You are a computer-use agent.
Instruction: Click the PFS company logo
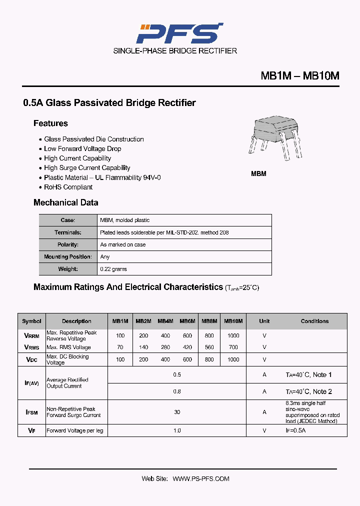[179, 33]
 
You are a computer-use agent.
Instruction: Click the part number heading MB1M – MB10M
[300, 76]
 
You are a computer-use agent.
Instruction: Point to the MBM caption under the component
[258, 173]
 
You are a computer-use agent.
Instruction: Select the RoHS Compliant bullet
[68, 187]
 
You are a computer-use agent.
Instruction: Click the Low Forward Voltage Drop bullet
[82, 148]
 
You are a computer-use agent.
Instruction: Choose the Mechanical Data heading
[65, 202]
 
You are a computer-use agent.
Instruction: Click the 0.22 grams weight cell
[113, 269]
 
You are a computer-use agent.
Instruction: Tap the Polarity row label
[68, 244]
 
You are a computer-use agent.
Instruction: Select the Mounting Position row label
[68, 257]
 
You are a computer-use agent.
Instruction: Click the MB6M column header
[187, 321]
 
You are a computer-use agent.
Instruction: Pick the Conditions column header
[314, 321]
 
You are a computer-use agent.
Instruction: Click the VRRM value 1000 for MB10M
[233, 335]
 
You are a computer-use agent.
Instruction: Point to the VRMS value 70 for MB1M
[120, 347]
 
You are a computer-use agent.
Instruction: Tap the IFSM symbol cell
[31, 412]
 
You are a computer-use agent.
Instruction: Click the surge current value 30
[177, 412]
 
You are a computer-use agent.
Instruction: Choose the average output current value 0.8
[177, 391]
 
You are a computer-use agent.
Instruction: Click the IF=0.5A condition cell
[295, 430]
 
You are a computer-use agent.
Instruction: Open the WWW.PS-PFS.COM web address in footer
[201, 478]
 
